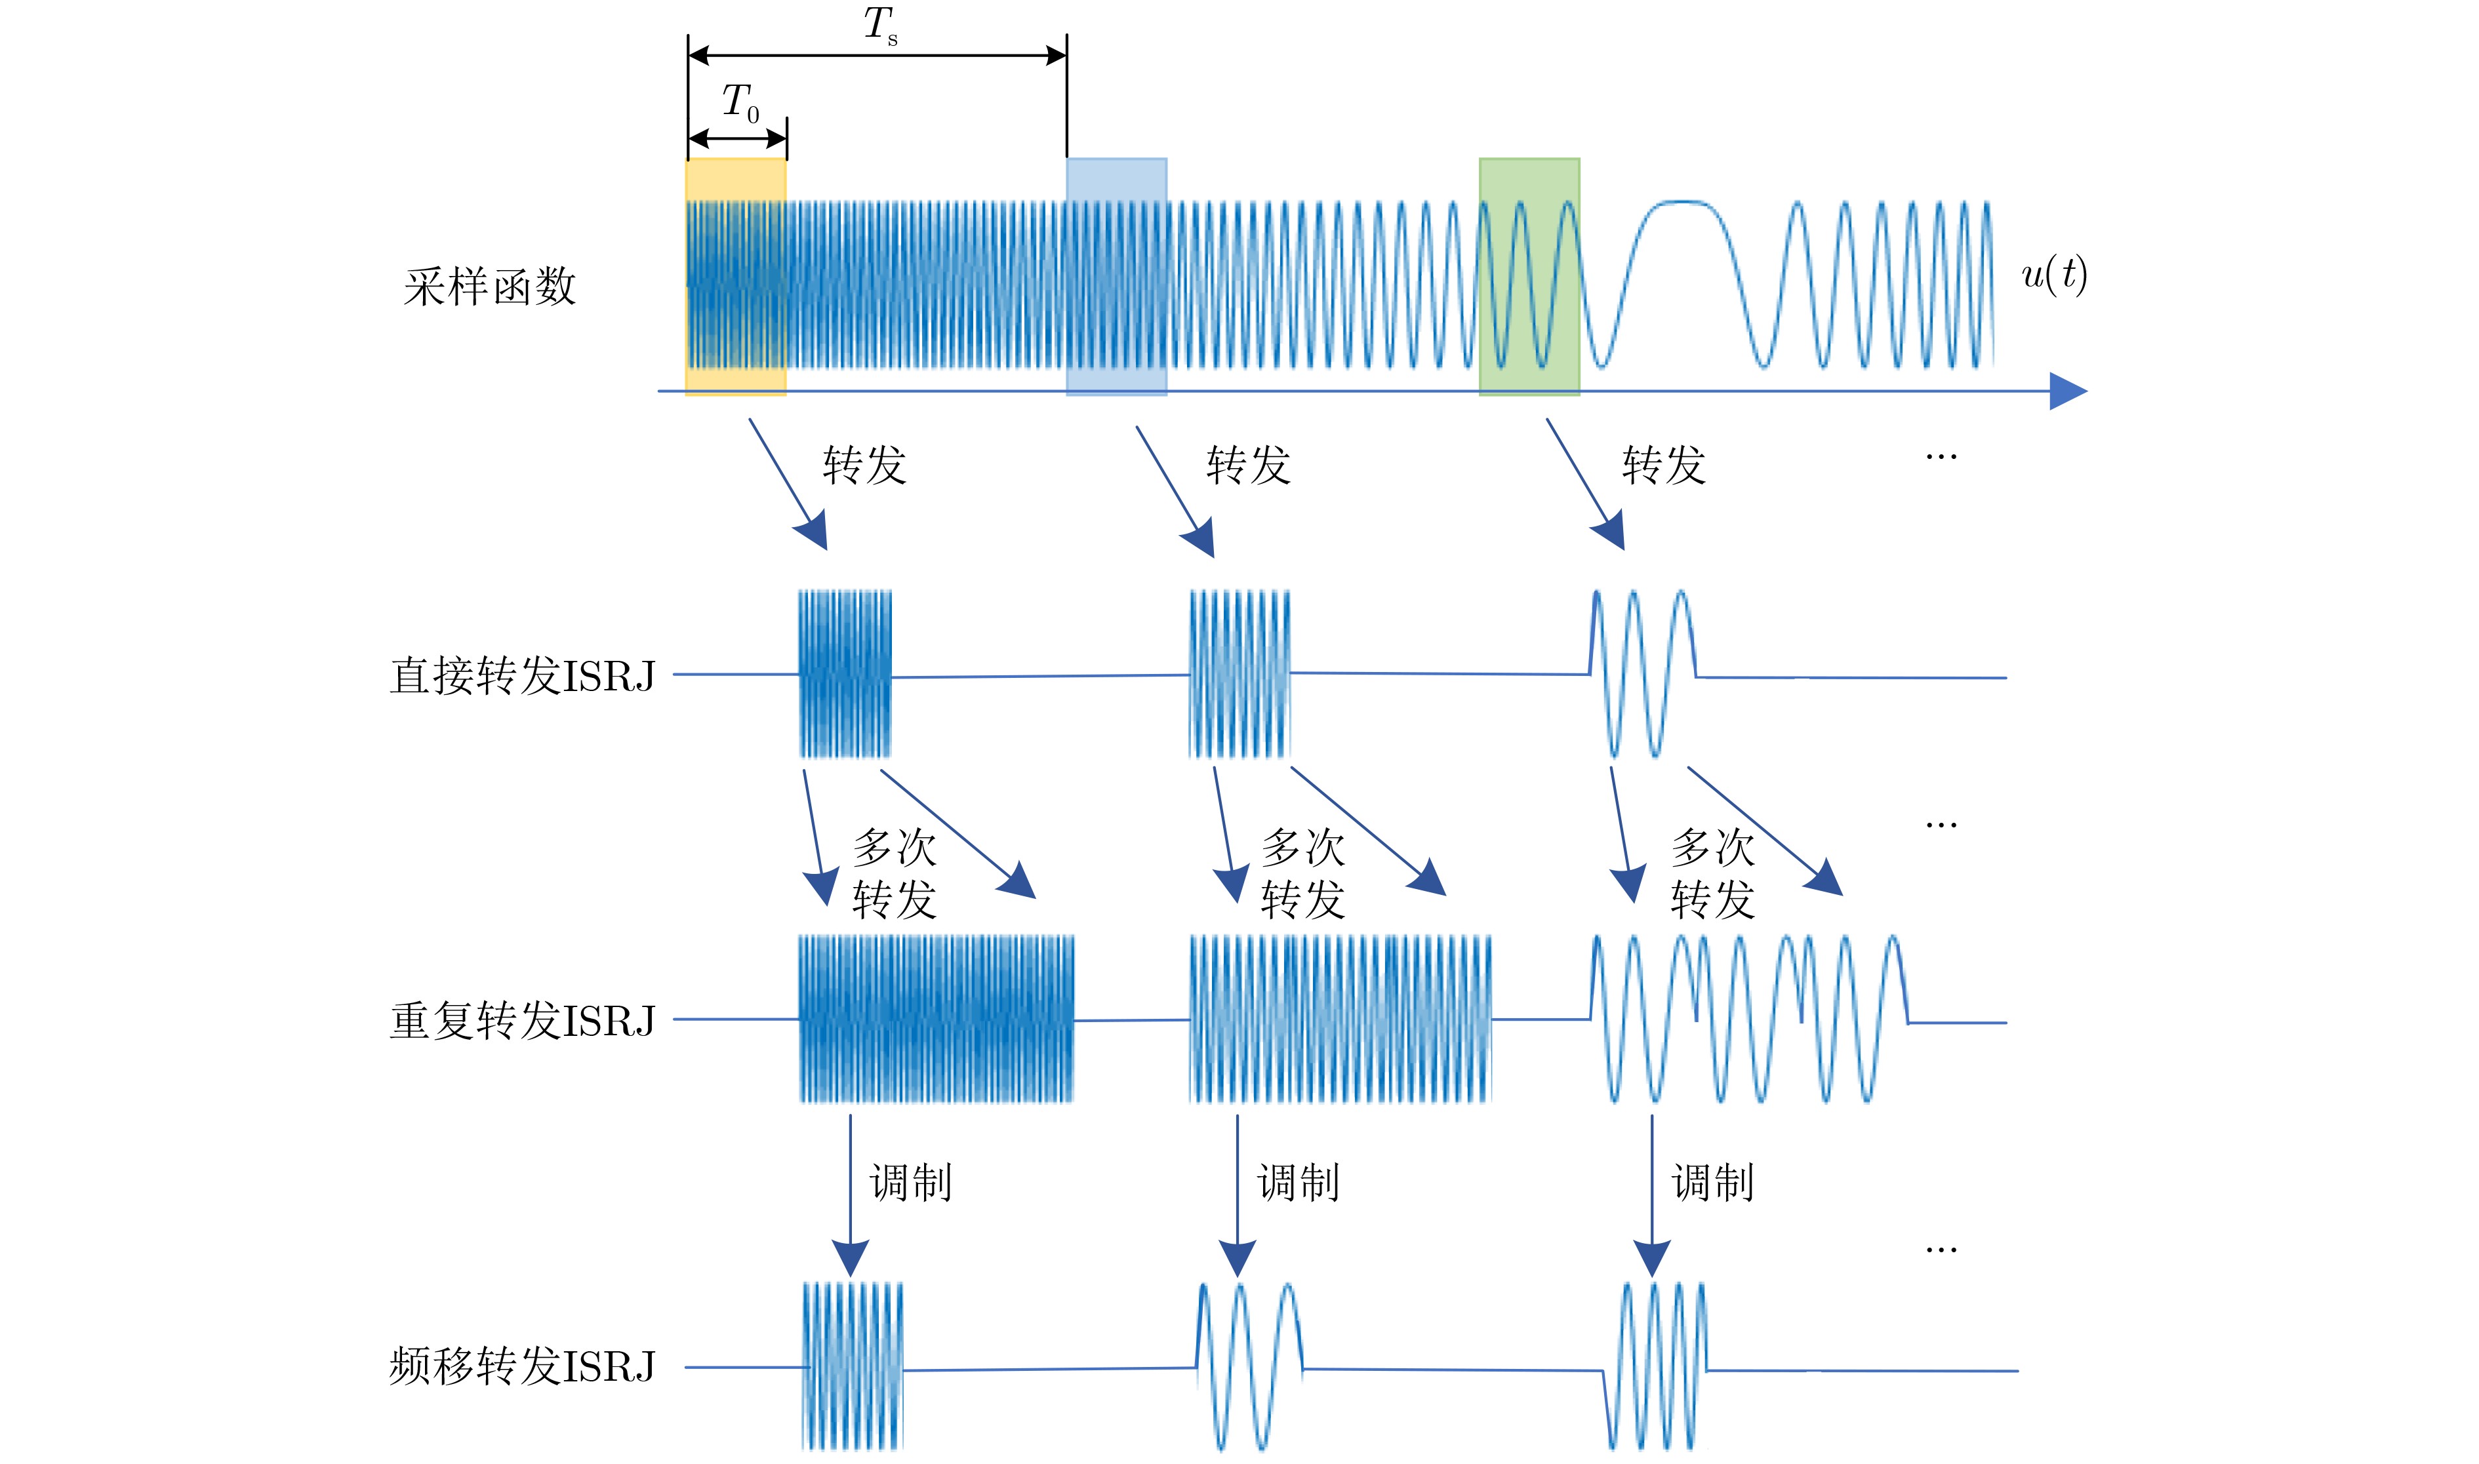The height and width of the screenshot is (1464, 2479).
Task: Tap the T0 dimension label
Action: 740,102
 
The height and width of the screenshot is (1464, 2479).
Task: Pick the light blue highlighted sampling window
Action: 1117,277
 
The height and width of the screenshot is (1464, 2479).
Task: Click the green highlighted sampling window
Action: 1529,277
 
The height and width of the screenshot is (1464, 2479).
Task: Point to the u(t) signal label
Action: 2055,274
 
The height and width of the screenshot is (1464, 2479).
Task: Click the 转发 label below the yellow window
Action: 864,465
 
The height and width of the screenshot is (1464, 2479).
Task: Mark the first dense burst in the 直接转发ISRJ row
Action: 845,674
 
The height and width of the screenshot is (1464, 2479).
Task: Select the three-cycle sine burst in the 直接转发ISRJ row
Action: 1643,674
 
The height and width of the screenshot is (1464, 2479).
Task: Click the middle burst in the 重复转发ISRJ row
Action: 1340,1019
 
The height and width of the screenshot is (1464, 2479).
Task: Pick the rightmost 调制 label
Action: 1713,1183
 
